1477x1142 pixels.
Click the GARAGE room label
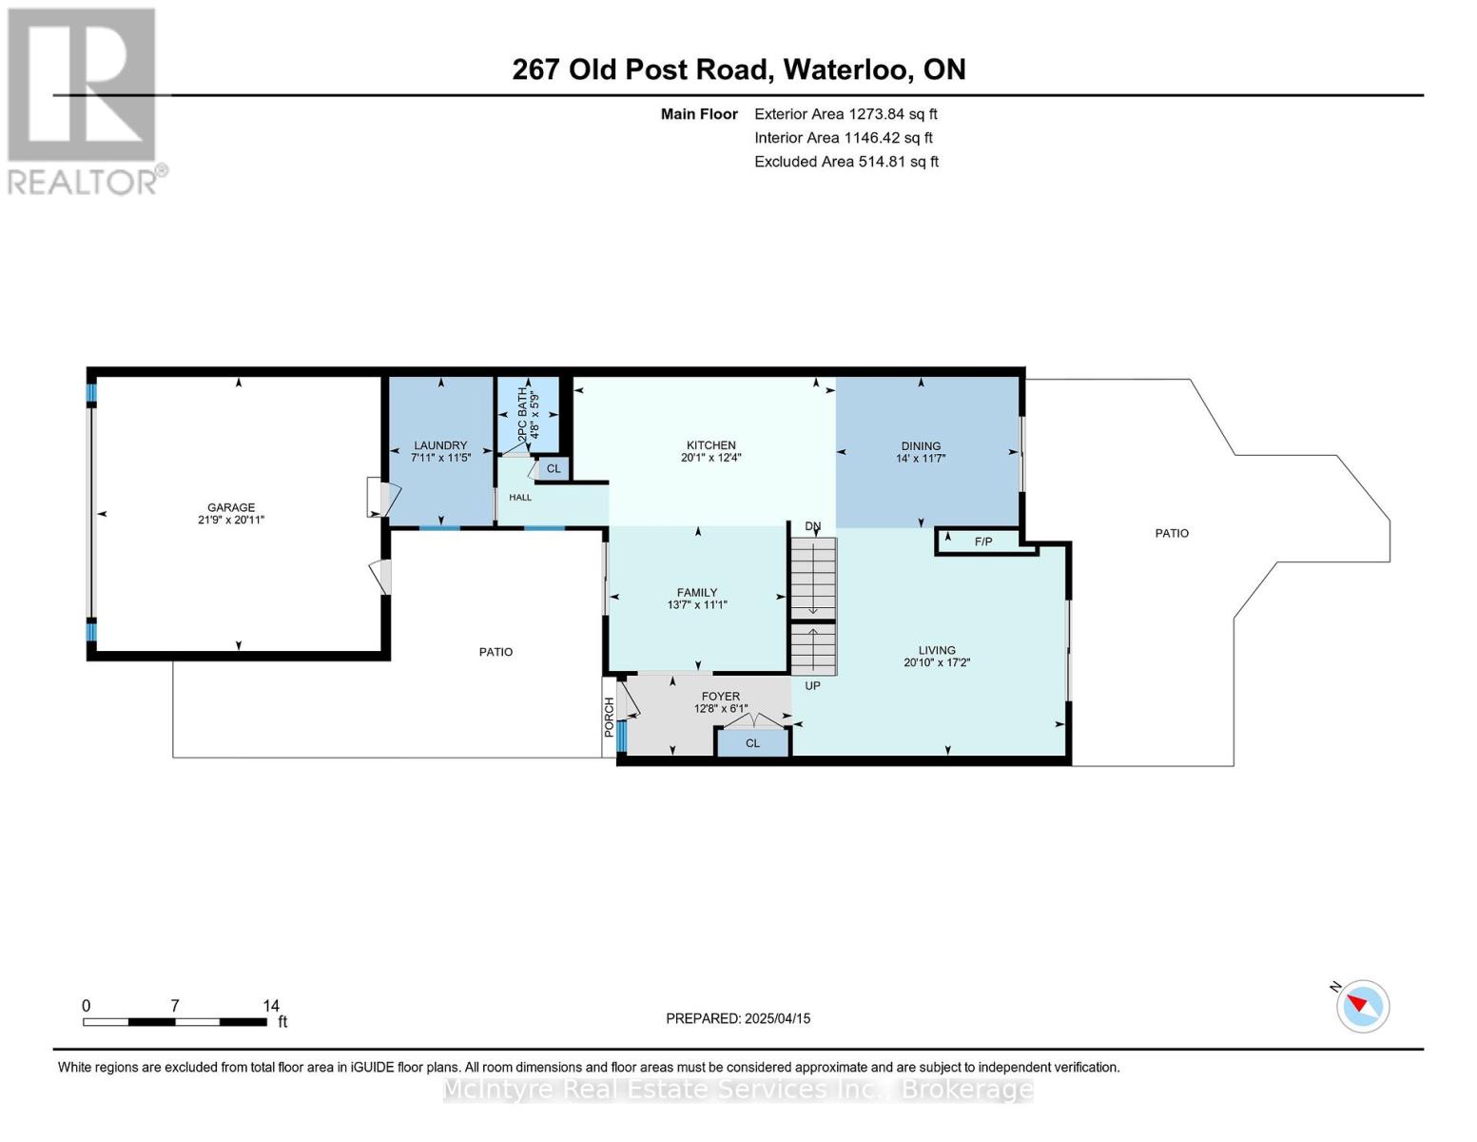click(x=231, y=507)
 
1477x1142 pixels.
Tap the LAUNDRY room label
click(x=440, y=445)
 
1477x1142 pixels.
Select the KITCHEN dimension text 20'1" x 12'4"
click(x=711, y=458)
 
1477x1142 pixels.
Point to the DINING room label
click(x=921, y=446)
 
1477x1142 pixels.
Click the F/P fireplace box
click(x=984, y=541)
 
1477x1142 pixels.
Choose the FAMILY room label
click(x=697, y=593)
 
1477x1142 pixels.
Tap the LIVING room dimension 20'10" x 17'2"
click(x=937, y=662)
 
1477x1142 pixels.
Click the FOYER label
click(x=721, y=697)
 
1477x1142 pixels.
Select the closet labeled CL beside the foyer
click(x=753, y=742)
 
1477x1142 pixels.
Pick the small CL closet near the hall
click(x=554, y=468)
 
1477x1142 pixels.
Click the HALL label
click(x=520, y=497)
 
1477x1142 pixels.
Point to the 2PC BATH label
click(x=522, y=415)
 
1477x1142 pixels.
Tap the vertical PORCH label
click(x=609, y=717)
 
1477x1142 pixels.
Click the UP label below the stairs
click(x=813, y=685)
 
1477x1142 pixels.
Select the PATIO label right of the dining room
click(x=1172, y=533)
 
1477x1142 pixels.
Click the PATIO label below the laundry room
click(x=496, y=652)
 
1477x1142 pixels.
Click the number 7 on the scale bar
click(x=175, y=1005)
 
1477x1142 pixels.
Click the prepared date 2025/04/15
click(x=778, y=1018)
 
